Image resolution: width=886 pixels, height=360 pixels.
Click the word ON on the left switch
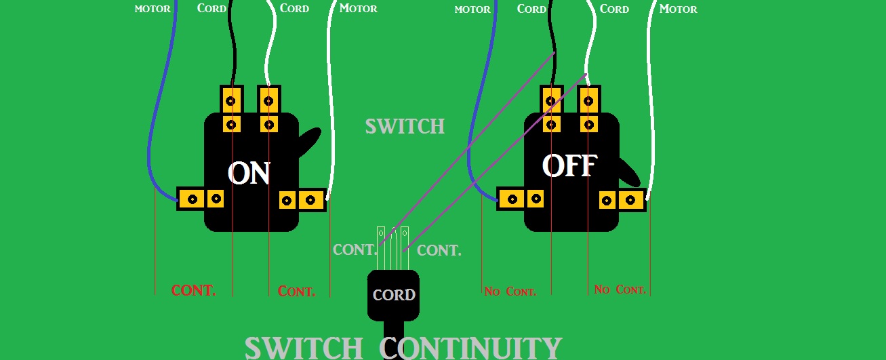(249, 174)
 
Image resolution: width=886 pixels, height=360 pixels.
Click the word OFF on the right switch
(569, 165)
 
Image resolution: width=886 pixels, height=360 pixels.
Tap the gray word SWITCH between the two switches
(405, 127)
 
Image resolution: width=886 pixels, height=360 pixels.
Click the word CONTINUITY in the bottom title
(470, 348)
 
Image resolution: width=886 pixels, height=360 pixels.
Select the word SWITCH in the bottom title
(304, 348)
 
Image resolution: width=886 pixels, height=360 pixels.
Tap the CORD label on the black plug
(394, 295)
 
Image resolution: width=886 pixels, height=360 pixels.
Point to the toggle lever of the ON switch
(309, 142)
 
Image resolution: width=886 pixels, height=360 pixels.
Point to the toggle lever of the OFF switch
(629, 172)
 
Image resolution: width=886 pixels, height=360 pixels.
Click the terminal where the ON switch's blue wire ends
(193, 199)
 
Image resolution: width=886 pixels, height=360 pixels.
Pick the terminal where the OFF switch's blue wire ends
(512, 199)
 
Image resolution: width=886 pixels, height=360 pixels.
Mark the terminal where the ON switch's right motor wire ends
(311, 200)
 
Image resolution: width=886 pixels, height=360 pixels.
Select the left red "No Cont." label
(510, 292)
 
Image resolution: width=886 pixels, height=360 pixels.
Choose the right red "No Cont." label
(620, 289)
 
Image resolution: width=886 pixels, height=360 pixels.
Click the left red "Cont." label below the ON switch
(193, 290)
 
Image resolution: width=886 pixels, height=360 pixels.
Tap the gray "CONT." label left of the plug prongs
(355, 249)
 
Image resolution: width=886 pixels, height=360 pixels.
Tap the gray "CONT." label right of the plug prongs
(439, 250)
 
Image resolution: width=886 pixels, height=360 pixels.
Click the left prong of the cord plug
(381, 248)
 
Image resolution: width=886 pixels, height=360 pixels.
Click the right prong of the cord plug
(405, 248)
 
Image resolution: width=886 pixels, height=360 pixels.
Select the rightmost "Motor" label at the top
(678, 9)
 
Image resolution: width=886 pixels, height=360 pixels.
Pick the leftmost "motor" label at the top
(153, 9)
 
